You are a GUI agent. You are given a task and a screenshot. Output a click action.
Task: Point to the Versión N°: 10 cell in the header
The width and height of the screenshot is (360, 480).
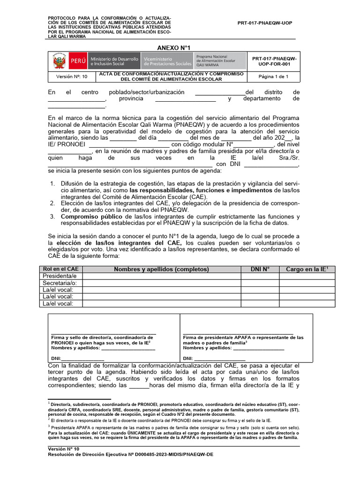[72, 76]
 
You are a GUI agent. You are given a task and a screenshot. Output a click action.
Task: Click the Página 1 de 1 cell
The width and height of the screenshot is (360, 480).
[274, 76]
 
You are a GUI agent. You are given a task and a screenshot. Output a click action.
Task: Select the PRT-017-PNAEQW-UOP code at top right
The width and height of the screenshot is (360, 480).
[265, 23]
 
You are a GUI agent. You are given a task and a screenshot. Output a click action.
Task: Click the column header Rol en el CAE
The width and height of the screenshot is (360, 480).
[60, 269]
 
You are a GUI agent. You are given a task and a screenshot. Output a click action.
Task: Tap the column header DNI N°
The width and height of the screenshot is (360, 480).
[260, 269]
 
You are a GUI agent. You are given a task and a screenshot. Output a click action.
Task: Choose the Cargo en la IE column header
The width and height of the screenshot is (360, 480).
[307, 269]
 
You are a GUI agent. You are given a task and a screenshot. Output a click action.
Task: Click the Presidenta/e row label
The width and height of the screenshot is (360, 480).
[60, 276]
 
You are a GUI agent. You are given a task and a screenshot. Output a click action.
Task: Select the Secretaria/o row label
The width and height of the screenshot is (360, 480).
[60, 283]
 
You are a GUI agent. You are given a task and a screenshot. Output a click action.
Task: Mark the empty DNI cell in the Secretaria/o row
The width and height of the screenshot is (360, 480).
[260, 283]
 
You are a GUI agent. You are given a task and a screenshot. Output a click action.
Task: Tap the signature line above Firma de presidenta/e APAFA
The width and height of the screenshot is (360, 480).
[238, 334]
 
